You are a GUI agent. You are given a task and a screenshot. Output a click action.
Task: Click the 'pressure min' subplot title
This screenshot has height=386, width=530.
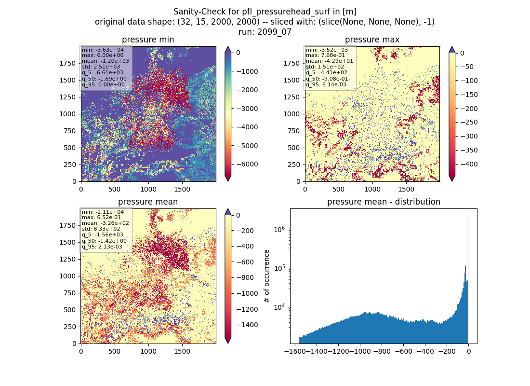click(x=148, y=40)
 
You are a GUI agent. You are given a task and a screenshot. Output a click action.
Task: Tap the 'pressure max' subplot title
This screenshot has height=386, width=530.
click(x=372, y=40)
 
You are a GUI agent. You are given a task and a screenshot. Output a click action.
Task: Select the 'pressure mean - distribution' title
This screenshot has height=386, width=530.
click(x=384, y=202)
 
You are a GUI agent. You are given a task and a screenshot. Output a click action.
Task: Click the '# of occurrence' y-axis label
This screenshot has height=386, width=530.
click(x=267, y=276)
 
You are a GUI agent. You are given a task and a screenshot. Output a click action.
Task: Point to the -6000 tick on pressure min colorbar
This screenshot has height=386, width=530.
click(x=247, y=164)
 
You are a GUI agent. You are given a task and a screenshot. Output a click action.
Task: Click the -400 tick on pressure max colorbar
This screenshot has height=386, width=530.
click(x=469, y=164)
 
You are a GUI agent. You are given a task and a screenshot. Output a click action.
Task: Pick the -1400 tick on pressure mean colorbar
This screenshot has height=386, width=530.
click(x=247, y=325)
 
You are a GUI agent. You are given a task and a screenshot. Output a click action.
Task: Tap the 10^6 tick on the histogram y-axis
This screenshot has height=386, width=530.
click(x=279, y=229)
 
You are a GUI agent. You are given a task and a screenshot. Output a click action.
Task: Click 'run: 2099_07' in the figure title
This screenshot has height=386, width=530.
click(x=265, y=32)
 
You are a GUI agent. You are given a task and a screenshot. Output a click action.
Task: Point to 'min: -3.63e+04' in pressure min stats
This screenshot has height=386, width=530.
click(x=103, y=50)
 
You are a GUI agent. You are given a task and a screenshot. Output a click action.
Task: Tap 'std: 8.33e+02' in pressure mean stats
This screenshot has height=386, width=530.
click(x=101, y=229)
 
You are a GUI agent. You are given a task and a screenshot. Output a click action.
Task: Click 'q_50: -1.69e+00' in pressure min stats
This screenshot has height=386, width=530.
click(x=104, y=79)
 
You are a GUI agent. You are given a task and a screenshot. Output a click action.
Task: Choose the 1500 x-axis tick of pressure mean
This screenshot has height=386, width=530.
click(x=182, y=351)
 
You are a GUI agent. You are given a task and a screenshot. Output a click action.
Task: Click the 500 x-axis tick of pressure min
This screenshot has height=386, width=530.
click(x=115, y=189)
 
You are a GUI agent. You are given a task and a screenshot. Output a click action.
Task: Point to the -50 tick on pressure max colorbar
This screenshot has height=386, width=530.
click(x=467, y=67)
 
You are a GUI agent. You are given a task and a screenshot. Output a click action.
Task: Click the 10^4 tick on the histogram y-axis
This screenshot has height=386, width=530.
click(x=279, y=307)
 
